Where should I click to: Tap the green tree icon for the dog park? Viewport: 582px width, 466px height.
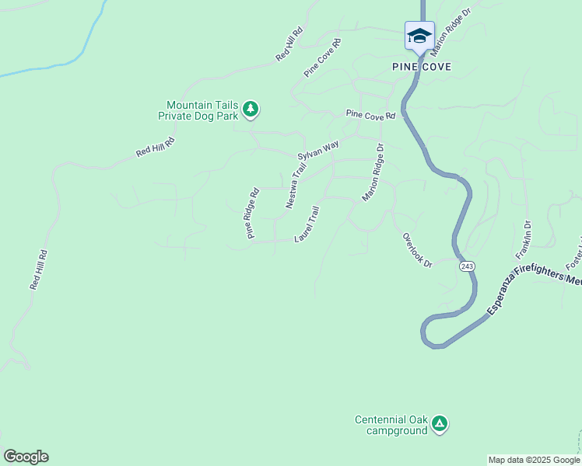coord(250,110)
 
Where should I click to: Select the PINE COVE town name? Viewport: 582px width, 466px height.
coord(422,67)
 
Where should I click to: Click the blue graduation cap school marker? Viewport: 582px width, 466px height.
coord(419,36)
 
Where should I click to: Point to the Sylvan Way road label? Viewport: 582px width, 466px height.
coord(318,149)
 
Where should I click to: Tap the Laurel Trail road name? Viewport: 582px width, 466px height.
coord(307,224)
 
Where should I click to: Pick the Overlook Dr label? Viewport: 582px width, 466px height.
coord(417,250)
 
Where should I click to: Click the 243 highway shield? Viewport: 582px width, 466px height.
coord(466,266)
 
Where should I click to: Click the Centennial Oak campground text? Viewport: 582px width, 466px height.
coord(391,425)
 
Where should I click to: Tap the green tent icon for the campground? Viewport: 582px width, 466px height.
coord(440,423)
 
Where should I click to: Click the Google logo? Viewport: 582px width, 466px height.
coord(26,457)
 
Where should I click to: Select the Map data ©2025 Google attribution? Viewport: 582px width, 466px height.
coord(534,460)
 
